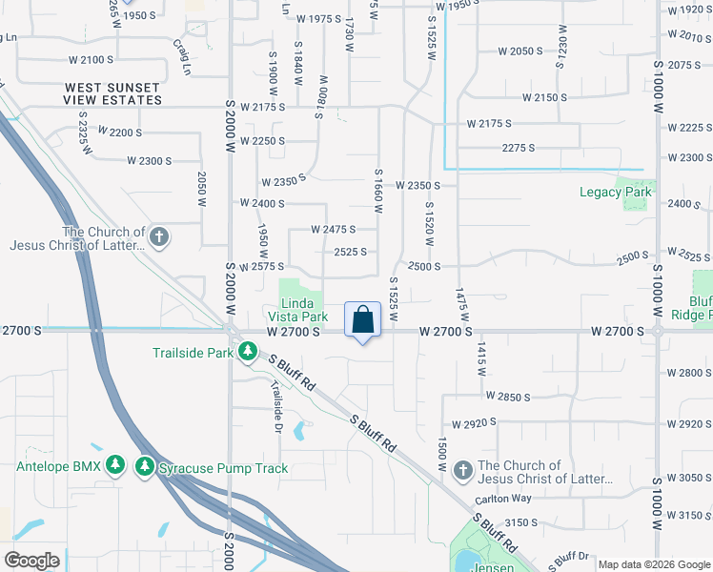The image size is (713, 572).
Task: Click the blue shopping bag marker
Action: point(363,319)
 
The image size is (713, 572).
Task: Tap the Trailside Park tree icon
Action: point(247,353)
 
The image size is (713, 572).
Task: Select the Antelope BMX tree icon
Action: point(115,467)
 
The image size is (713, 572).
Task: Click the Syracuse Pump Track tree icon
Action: point(144,467)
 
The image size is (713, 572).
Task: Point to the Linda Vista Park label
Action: point(303,310)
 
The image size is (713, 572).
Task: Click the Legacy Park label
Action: point(616,192)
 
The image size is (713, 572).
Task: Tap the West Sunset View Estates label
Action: point(112,92)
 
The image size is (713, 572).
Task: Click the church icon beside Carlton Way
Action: point(462,470)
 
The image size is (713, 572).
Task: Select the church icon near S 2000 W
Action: point(159,236)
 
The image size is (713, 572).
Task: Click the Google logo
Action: point(31,560)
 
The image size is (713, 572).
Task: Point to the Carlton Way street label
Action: point(505,498)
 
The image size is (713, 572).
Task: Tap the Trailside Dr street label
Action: point(276,402)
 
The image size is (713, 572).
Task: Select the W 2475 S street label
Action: point(333,229)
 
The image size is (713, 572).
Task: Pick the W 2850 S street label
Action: point(507,396)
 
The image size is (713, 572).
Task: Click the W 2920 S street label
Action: point(475,423)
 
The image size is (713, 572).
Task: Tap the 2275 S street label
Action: point(518,148)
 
